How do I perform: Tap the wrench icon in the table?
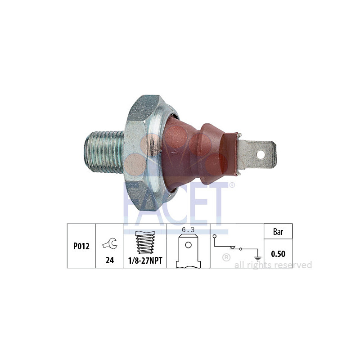(109, 244)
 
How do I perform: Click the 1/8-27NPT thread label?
(145, 260)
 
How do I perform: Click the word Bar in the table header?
(278, 232)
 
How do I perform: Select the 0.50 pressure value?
(278, 254)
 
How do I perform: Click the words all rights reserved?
(273, 265)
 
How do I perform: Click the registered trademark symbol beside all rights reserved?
(226, 258)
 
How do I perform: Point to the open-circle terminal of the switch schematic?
(215, 236)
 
